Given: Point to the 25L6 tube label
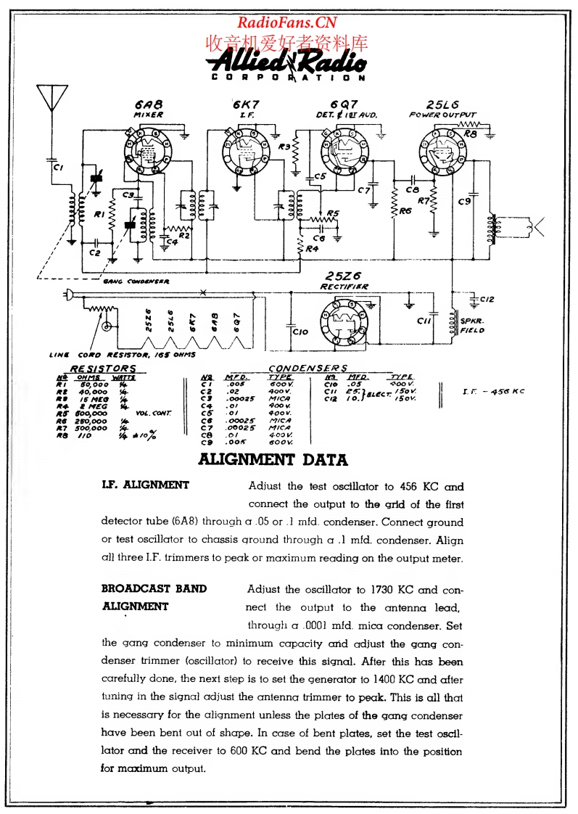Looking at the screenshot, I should click(442, 104).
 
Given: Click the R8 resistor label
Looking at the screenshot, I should click(470, 134).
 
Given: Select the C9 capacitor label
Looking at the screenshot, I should click(464, 202).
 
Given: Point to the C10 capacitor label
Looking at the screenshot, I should click(300, 332).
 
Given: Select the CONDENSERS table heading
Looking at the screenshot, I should click(308, 368).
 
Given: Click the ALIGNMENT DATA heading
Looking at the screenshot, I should click(273, 459).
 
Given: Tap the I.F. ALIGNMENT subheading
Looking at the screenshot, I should click(146, 485).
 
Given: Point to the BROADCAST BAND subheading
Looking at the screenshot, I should click(154, 588).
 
